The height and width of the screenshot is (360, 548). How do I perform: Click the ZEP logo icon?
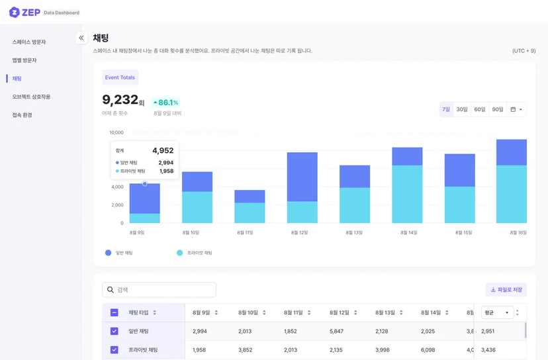[x=14, y=12]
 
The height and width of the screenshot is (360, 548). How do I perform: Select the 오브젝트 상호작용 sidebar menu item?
[x=31, y=97]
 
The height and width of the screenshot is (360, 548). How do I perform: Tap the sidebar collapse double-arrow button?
[x=81, y=38]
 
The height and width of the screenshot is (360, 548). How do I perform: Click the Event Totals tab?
[x=120, y=77]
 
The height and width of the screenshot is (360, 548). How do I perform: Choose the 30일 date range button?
[x=462, y=109]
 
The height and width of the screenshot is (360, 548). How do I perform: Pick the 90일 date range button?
[x=497, y=109]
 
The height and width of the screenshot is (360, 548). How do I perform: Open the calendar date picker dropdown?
[x=516, y=109]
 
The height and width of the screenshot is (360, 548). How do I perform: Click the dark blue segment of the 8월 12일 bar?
[x=302, y=177]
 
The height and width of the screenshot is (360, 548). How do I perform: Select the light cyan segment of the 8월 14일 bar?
[x=407, y=194]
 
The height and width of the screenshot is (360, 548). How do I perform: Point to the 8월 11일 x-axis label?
[x=245, y=232]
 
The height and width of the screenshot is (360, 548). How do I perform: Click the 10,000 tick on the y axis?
[x=116, y=132]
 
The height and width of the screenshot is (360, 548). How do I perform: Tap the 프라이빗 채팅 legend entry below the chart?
[x=195, y=253]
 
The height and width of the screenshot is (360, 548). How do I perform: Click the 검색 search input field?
[x=159, y=289]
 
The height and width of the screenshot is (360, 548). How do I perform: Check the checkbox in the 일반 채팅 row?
[x=114, y=331]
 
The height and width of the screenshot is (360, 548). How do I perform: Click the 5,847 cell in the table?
[x=336, y=331]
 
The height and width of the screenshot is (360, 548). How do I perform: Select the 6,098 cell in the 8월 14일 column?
[x=428, y=349]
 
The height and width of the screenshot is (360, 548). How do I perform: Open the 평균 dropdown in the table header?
[x=497, y=312]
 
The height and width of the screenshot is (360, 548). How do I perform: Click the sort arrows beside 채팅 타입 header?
[x=154, y=312]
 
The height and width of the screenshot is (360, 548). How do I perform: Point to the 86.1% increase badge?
[x=165, y=103]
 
